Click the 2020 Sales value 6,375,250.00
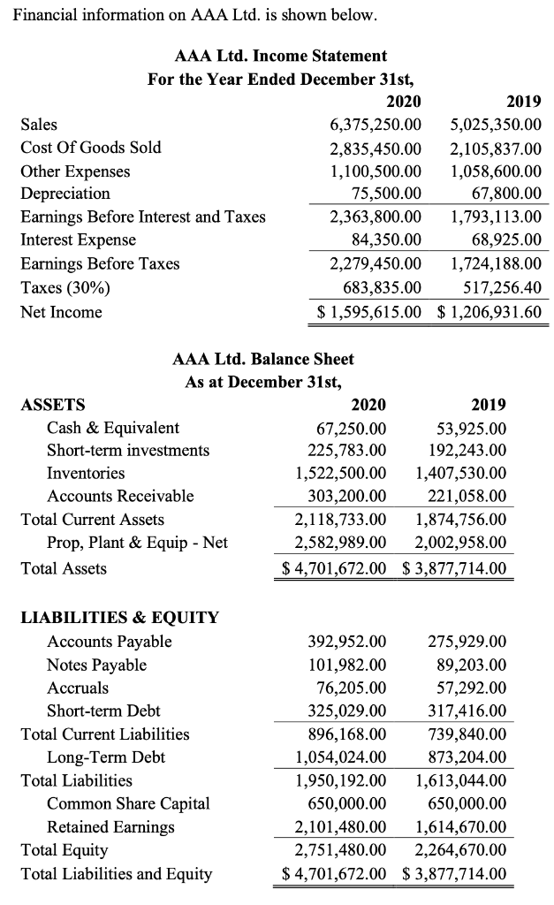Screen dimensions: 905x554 pyautogui.click(x=375, y=125)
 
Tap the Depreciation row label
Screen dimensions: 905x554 pyautogui.click(x=65, y=194)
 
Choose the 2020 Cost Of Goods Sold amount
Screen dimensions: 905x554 pyautogui.click(x=375, y=148)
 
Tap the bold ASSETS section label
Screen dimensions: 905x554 pyautogui.click(x=53, y=405)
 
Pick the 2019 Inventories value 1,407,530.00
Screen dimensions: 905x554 pyautogui.click(x=460, y=474)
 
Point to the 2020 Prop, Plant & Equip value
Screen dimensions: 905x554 pyautogui.click(x=340, y=542)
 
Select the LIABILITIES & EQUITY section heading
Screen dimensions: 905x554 pyautogui.click(x=119, y=617)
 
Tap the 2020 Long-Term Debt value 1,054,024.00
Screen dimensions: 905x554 pyautogui.click(x=340, y=757)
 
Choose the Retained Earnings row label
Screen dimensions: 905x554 pyautogui.click(x=110, y=827)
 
